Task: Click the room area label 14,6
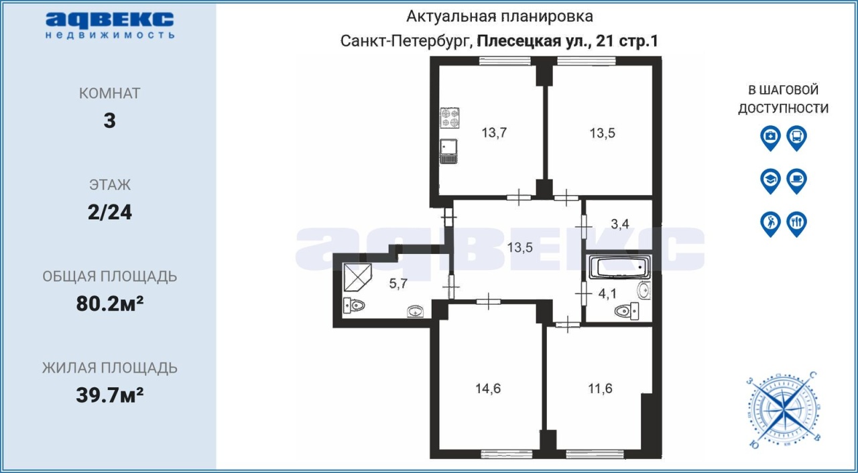tap(488, 389)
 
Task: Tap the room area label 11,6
tap(600, 389)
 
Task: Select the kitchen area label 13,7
tap(494, 133)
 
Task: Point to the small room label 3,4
tap(620, 224)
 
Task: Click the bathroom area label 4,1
tap(607, 294)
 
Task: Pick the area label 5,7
tap(398, 283)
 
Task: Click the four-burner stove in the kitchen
tap(450, 118)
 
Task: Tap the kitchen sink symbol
tap(448, 151)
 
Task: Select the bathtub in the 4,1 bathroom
tap(619, 267)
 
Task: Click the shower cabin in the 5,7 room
tap(357, 277)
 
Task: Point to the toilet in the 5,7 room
tap(353, 306)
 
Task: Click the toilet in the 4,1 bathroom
tap(627, 311)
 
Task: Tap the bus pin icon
tap(797, 138)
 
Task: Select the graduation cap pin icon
tap(770, 181)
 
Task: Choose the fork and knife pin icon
tap(797, 224)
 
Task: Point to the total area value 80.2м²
tap(110, 304)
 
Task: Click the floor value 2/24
tap(110, 212)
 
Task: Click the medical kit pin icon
tap(770, 138)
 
